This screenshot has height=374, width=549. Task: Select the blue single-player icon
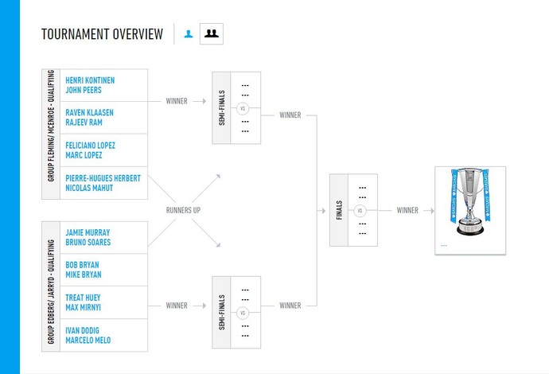point(189,33)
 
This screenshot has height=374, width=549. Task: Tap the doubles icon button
point(211,33)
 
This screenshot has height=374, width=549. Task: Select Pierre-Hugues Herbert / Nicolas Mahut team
point(103,183)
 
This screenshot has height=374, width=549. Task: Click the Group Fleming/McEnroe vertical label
point(51,134)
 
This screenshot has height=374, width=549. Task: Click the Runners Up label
point(183,211)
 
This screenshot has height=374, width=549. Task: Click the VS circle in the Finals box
point(360,211)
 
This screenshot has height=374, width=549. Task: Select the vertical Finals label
point(340,211)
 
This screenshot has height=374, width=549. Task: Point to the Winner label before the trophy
point(407,211)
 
